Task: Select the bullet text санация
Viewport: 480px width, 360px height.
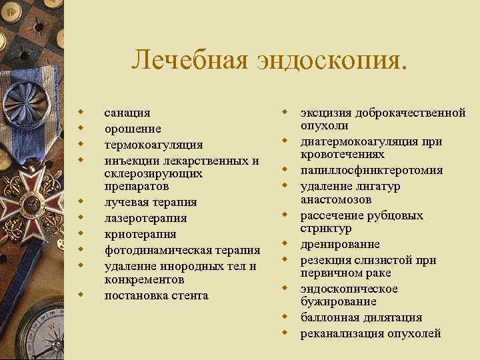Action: [x=127, y=113]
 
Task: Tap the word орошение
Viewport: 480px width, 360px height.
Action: [x=133, y=129]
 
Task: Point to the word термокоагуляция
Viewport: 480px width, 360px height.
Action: [x=153, y=145]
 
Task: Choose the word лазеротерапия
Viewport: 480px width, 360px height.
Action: [x=145, y=218]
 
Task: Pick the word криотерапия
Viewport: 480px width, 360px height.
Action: [x=140, y=234]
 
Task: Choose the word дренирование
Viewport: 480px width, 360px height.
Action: [x=340, y=244]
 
